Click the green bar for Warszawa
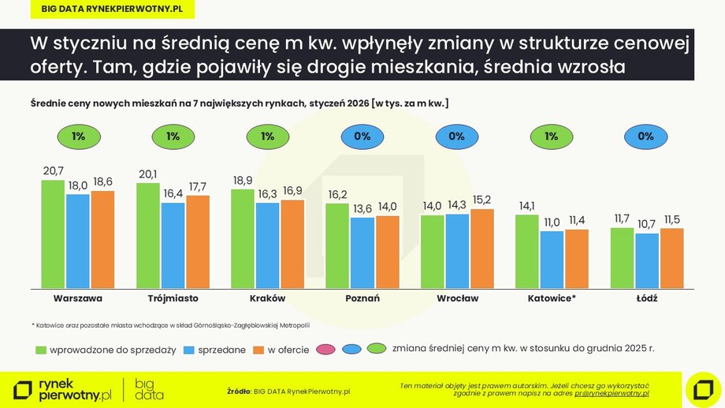pos(53,234)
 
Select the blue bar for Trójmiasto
pos(173,245)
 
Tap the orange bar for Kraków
pos(292,244)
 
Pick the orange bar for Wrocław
pos(481,248)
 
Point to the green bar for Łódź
pos(622,257)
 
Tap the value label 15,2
pos(482,200)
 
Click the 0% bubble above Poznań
pos(362,137)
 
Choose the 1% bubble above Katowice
pos(552,137)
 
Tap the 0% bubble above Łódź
pos(646,137)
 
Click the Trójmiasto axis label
pos(173,299)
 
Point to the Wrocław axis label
pos(457,299)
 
